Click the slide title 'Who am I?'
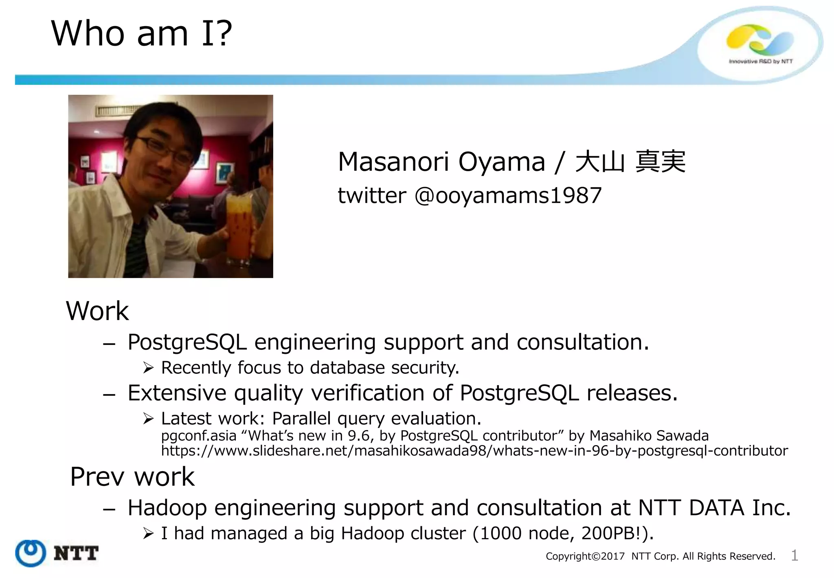tap(141, 33)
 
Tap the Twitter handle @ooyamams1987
tap(507, 196)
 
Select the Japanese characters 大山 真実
tap(630, 162)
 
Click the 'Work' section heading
tap(97, 311)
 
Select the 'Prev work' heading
tap(132, 477)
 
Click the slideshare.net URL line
tap(474, 451)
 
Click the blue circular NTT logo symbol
tap(30, 553)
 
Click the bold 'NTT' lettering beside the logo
tap(76, 554)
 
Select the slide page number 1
tap(794, 556)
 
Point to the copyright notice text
tap(660, 556)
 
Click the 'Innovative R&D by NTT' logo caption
tap(760, 62)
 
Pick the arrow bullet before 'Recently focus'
tap(148, 368)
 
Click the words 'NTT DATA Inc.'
tap(714, 508)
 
